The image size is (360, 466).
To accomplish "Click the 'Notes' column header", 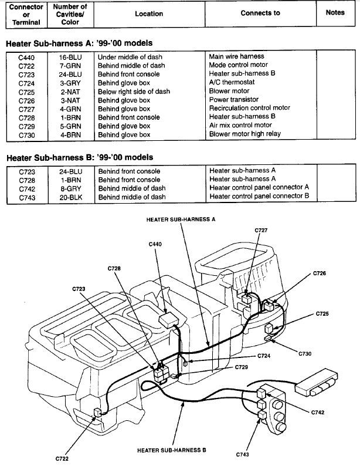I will (335, 13).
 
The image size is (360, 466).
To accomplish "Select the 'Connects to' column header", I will (260, 13).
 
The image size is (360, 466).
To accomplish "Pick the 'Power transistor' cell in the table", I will (233, 100).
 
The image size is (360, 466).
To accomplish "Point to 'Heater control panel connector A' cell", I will (259, 188).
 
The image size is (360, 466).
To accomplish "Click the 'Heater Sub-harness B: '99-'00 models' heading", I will (79, 157).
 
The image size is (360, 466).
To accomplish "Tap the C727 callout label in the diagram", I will (261, 231).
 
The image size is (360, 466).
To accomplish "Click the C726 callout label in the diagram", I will (320, 273).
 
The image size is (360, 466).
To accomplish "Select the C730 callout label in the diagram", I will (305, 354).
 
